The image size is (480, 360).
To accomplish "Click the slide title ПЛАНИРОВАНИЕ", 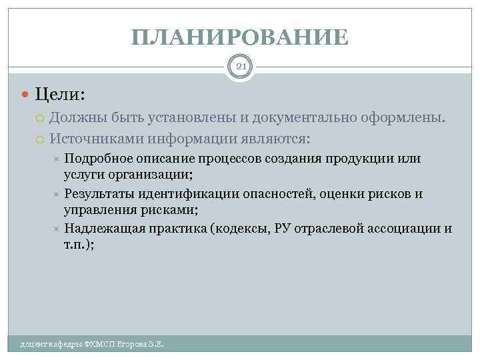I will (x=240, y=37).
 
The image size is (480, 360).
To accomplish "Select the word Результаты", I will (x=100, y=195).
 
